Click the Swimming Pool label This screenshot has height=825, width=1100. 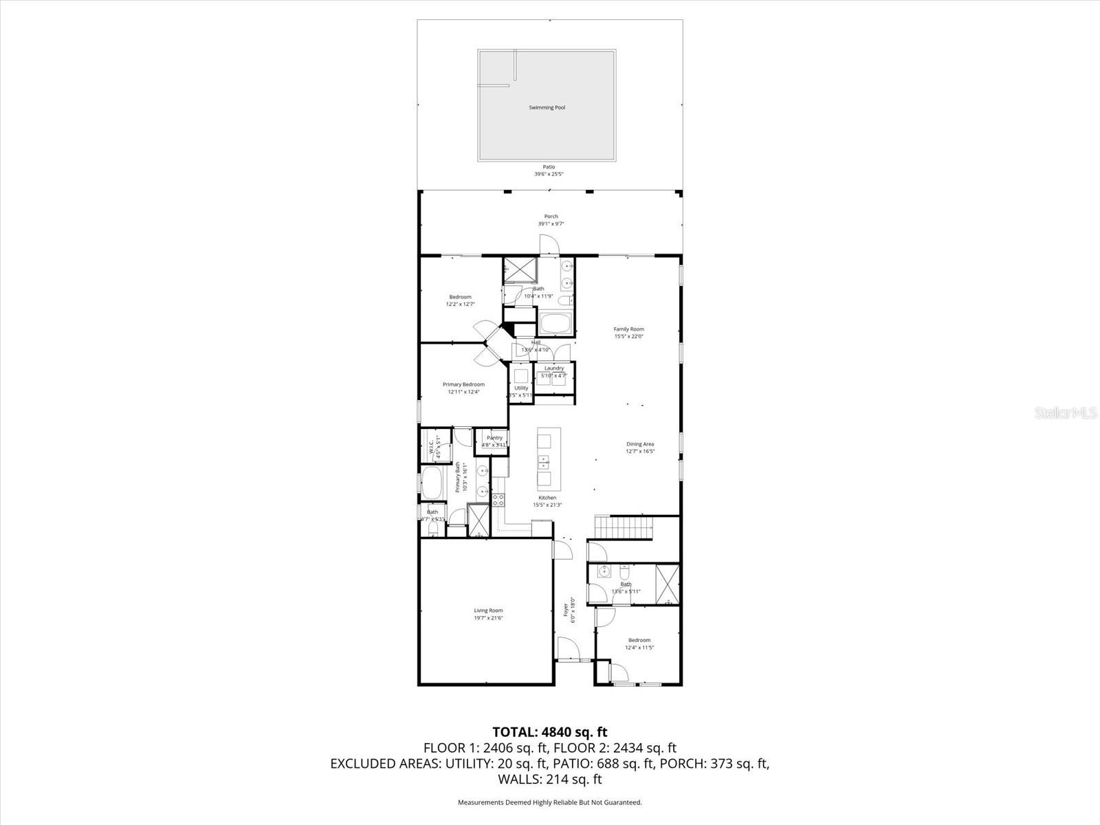547,107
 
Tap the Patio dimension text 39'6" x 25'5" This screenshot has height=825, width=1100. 549,174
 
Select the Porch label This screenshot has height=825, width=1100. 551,217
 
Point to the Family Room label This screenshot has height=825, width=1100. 628,329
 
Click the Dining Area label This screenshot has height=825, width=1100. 640,444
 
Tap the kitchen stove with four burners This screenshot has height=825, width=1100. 498,500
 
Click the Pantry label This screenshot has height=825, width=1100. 494,438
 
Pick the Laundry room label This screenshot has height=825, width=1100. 554,368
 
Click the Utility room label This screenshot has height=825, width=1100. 521,388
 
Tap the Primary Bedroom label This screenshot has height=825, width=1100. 463,384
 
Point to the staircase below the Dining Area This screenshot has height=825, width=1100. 624,529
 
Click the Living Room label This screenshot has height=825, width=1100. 488,610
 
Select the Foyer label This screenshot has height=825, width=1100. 566,609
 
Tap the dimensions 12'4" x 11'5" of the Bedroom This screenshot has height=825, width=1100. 639,648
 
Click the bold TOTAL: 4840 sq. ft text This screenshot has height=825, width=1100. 549,731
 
